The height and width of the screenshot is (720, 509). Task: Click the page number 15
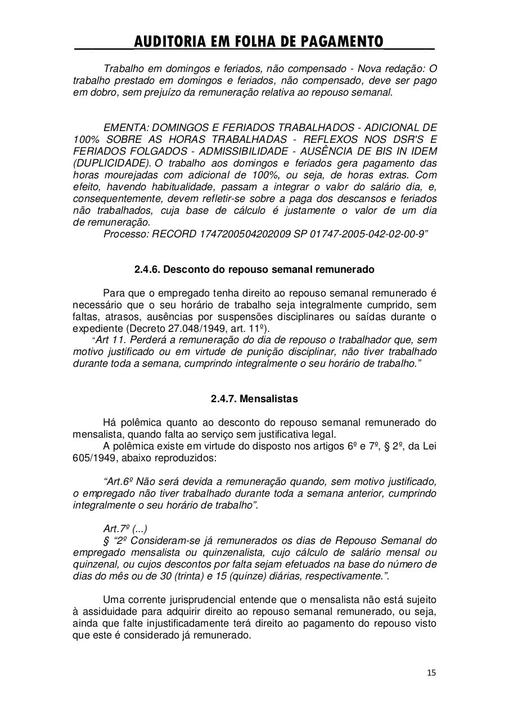(x=431, y=672)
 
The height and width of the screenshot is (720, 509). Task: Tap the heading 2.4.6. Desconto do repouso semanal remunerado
(x=254, y=269)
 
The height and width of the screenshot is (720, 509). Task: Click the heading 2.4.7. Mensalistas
(x=254, y=399)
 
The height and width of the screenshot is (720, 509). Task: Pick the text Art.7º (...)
(x=125, y=529)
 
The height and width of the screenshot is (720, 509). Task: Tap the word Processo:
(x=127, y=234)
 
